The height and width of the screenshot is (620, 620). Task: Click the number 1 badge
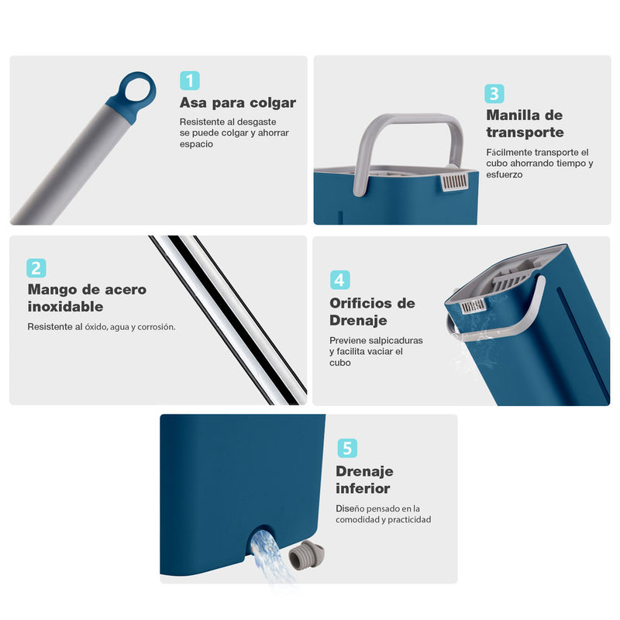click(x=190, y=81)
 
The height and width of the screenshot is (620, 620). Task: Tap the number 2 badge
click(x=36, y=268)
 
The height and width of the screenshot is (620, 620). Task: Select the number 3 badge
click(x=494, y=94)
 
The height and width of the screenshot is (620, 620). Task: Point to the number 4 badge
click(x=339, y=280)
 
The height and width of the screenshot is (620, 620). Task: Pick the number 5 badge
click(x=346, y=448)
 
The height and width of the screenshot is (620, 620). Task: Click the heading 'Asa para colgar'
click(x=237, y=102)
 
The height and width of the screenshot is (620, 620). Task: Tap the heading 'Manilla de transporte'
click(x=525, y=123)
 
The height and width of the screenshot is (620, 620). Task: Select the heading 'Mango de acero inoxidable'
click(x=87, y=298)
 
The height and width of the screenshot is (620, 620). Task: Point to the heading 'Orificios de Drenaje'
click(x=372, y=312)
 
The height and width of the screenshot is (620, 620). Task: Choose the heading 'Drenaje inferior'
click(x=364, y=480)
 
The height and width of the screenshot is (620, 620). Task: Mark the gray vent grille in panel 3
click(x=455, y=182)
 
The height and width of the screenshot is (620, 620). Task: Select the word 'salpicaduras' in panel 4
click(x=394, y=340)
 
